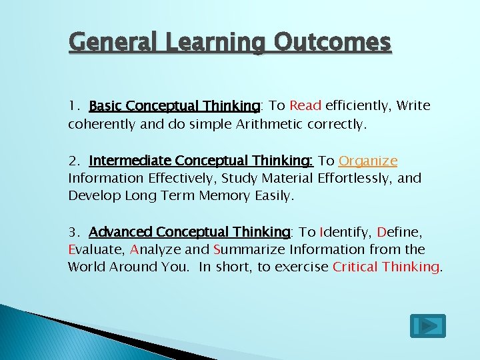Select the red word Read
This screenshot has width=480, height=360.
pyautogui.click(x=306, y=105)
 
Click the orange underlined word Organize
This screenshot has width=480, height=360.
pyautogui.click(x=368, y=161)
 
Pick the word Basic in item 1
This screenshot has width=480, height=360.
pyautogui.click(x=105, y=105)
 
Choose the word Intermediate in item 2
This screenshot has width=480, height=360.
pyautogui.click(x=131, y=161)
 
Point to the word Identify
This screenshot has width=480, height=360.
pyautogui.click(x=345, y=232)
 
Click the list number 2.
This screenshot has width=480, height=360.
pyautogui.click(x=72, y=161)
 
